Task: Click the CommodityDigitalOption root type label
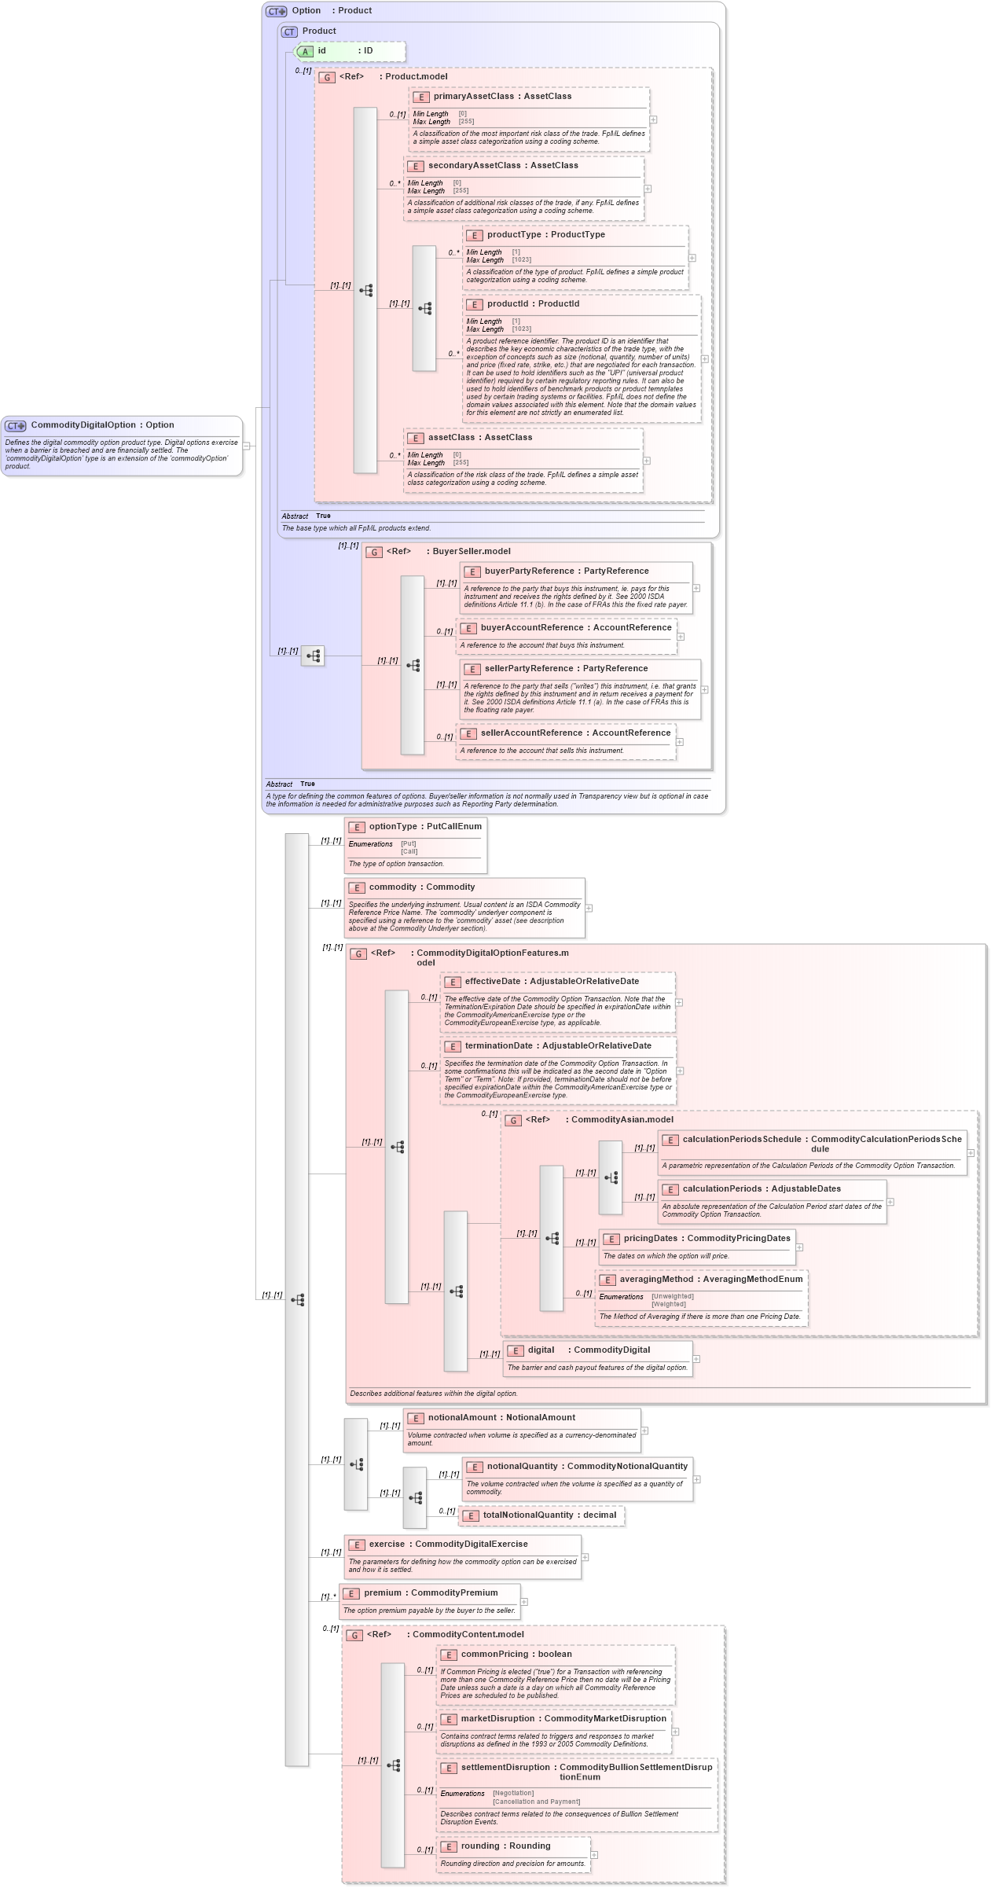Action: coord(102,425)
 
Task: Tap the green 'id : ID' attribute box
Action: coord(350,51)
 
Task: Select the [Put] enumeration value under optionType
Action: coord(408,844)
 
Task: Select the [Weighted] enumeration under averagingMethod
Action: coord(668,1304)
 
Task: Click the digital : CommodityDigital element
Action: coord(588,1350)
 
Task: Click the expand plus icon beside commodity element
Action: coord(589,908)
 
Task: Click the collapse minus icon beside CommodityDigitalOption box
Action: coord(247,446)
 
